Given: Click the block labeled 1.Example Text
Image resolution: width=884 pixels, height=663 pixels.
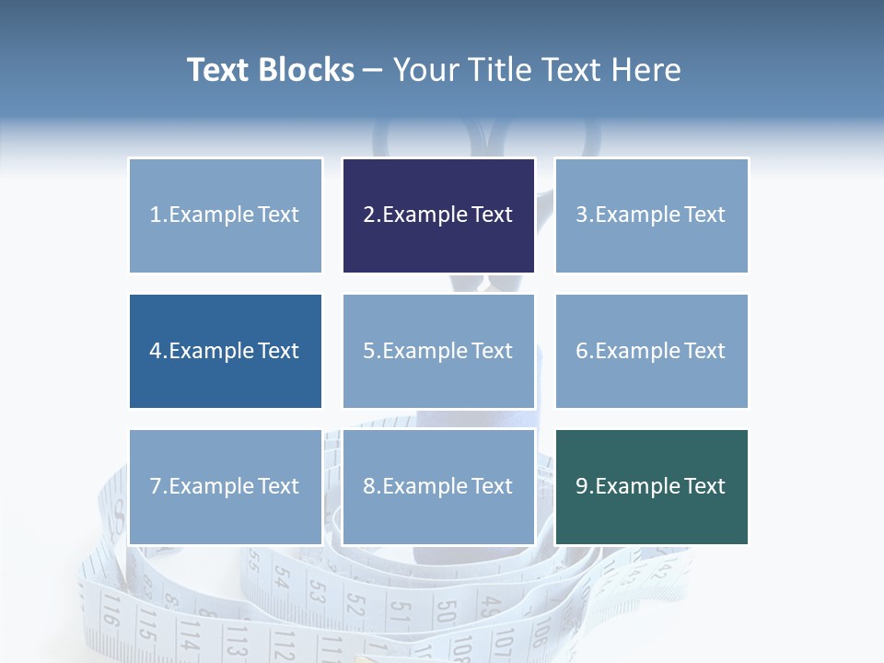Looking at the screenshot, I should coord(225,215).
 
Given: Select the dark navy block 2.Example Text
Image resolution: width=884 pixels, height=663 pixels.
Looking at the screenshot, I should coord(438,215).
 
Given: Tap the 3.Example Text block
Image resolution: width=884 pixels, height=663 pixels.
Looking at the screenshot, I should coord(651,215).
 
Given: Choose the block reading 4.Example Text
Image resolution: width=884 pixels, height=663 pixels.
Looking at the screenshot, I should coord(225,351).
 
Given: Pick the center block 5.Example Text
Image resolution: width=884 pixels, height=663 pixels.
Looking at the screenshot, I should coord(438,351).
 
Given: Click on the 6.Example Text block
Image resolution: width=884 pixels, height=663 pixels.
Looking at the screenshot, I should coord(651,351).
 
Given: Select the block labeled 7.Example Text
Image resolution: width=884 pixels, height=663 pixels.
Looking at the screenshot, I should coord(225,486).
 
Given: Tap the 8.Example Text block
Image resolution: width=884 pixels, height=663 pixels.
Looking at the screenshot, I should coord(438,486).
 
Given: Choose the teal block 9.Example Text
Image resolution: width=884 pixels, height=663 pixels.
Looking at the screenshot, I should coord(651,486).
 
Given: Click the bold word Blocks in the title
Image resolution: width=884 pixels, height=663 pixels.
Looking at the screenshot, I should coord(306,70).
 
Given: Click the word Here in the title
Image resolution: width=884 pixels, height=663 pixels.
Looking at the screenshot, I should coord(646,70).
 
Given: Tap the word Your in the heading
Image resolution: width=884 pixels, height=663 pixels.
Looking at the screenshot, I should coord(426,70).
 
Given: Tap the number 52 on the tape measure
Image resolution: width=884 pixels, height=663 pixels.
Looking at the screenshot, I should coord(356,603).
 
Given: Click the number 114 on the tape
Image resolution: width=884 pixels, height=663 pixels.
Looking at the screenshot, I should coord(189,634).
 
